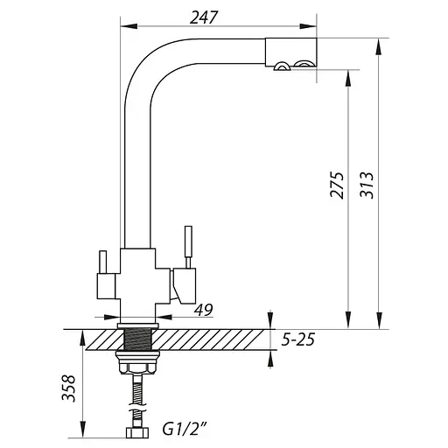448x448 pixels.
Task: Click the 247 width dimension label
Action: tap(204, 17)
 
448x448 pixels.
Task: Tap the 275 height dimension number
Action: tap(337, 185)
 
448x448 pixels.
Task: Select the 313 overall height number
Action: tap(367, 185)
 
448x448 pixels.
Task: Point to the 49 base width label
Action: tap(204, 310)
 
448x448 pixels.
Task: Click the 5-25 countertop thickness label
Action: tap(298, 339)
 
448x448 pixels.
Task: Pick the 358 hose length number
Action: tap(68, 388)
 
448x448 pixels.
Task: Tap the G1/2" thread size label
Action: tap(185, 429)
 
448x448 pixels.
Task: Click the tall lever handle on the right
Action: tap(188, 247)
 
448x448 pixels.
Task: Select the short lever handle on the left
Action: tap(103, 262)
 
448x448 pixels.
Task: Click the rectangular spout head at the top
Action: tap(290, 52)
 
